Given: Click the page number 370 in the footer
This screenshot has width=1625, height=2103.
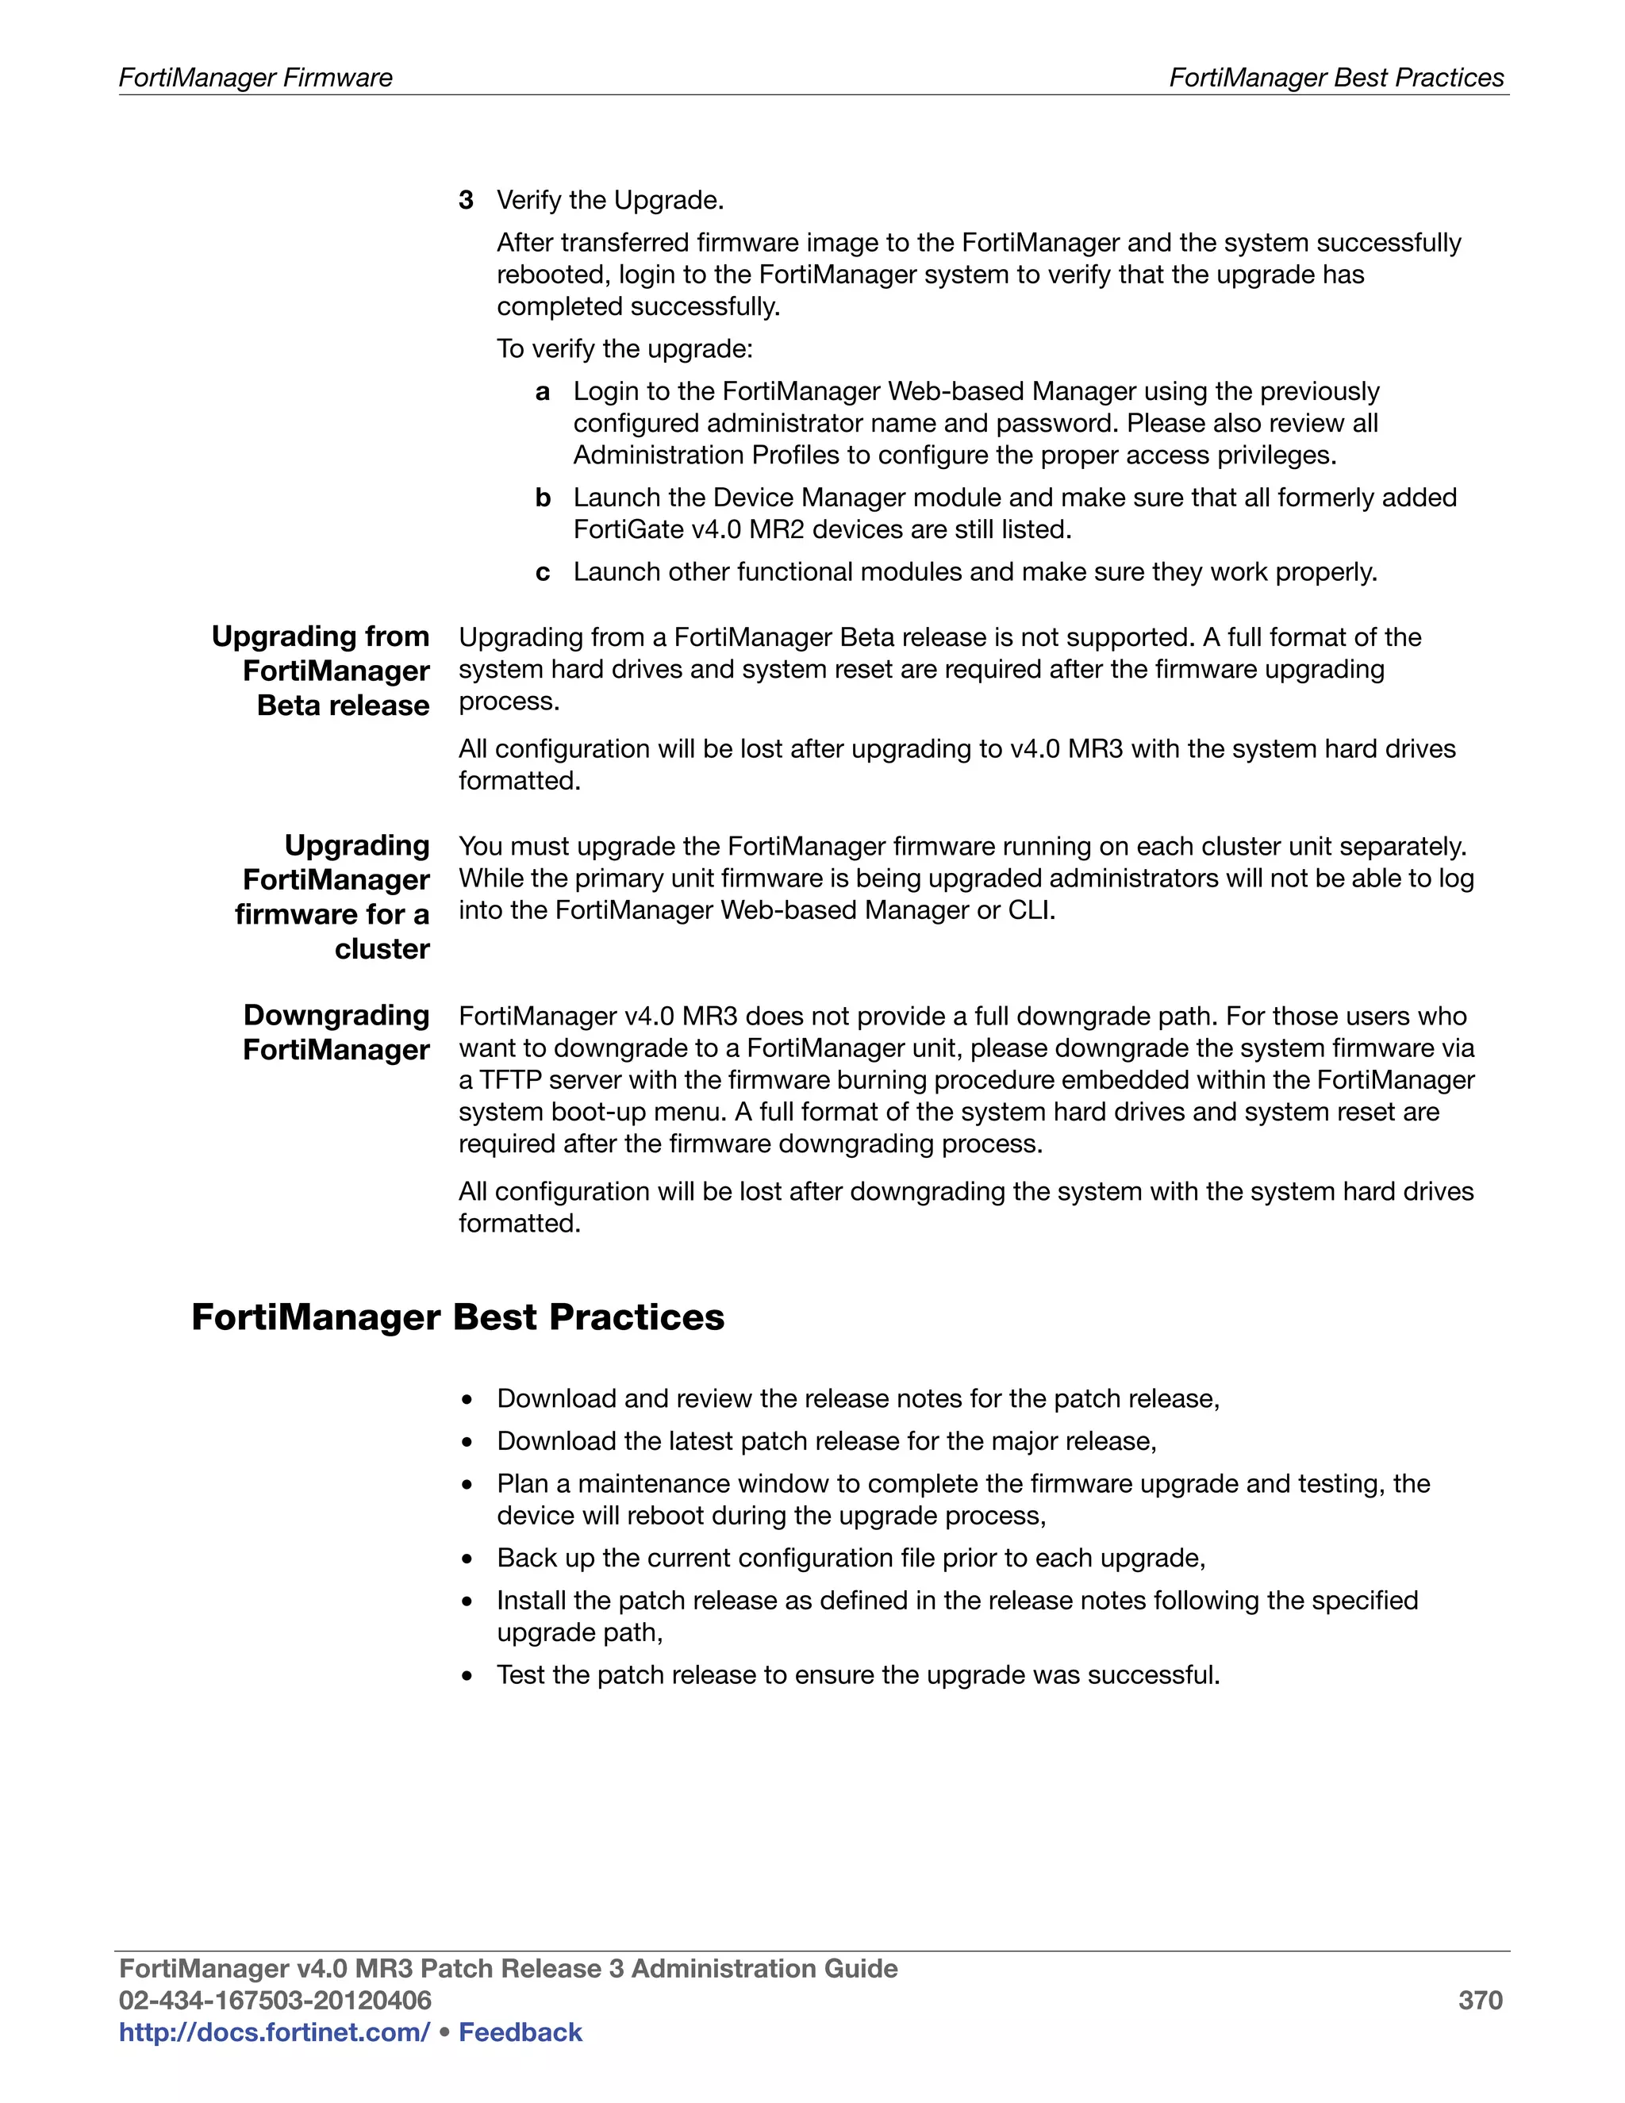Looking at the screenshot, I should (x=1480, y=2000).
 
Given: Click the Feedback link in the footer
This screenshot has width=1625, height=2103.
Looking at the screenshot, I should (x=520, y=2032).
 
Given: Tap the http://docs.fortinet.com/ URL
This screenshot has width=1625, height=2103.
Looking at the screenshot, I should (x=275, y=2032).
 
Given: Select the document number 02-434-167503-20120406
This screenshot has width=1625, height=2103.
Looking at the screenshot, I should (x=275, y=2000).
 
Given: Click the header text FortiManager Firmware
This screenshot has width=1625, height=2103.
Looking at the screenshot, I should (x=255, y=78).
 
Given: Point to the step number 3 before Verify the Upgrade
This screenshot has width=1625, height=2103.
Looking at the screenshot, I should (x=466, y=200).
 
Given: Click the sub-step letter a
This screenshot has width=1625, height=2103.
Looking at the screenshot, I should (x=543, y=392).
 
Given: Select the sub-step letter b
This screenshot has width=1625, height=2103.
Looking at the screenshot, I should (x=543, y=498).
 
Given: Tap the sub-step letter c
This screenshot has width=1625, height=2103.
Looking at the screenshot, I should (x=543, y=573).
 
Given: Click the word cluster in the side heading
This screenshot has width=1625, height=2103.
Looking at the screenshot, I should (x=382, y=948).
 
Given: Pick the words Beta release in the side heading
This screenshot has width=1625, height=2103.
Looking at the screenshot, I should (x=343, y=705).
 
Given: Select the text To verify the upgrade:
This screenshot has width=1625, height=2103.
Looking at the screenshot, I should (x=624, y=348).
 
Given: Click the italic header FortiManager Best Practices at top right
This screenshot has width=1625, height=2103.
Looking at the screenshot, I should (x=1336, y=78).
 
